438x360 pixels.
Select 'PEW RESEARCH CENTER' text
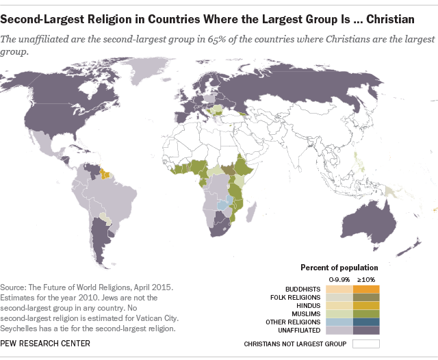46,343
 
